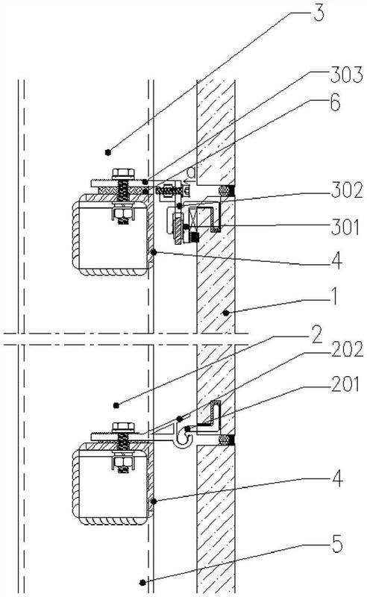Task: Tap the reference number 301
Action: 345,228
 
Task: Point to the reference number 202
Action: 347,349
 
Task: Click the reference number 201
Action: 345,384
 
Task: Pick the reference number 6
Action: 335,103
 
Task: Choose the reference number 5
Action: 337,545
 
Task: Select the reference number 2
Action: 316,334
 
